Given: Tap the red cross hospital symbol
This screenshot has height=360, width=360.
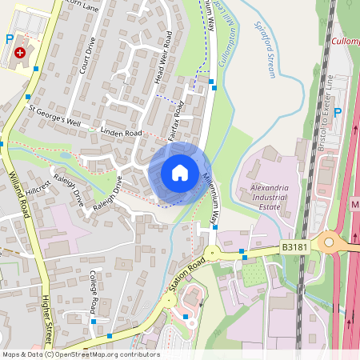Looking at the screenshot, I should (x=19, y=52).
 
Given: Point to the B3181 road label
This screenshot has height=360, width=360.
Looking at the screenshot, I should (x=294, y=250).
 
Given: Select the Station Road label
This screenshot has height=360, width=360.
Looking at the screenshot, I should (x=186, y=277).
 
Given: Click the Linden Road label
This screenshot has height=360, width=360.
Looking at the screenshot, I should (x=121, y=131).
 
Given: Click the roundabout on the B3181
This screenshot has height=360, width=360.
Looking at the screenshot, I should (x=328, y=242).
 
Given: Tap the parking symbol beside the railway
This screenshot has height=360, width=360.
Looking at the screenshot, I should (x=337, y=113).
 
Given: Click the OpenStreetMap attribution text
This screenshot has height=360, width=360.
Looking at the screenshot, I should (x=80, y=354).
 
